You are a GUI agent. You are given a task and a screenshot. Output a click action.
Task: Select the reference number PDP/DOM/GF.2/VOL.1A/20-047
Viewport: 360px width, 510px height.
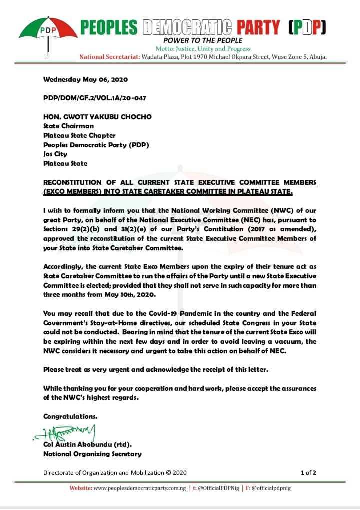(94, 98)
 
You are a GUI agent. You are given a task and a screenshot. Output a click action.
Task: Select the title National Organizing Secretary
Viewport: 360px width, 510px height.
(92, 454)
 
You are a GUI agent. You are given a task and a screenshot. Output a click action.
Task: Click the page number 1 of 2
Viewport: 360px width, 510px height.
(308, 472)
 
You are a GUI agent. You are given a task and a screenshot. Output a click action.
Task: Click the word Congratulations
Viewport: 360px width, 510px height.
(70, 416)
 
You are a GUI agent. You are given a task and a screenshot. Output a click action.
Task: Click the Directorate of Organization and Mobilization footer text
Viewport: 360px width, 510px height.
(115, 472)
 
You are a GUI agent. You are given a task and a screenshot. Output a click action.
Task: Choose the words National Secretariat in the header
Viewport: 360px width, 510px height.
(109, 57)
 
